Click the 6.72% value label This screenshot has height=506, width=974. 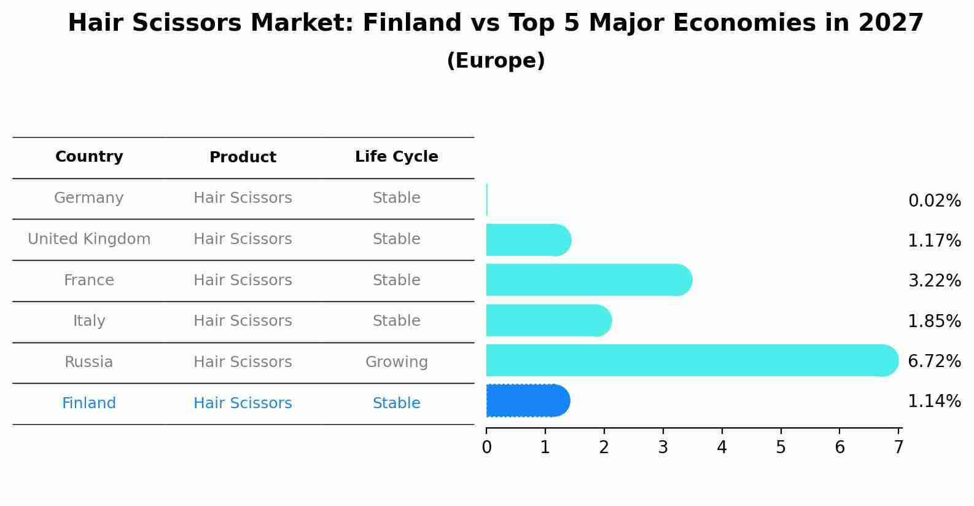[x=934, y=361]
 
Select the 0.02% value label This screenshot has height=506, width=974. [x=934, y=201]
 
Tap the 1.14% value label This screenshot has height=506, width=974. [x=934, y=401]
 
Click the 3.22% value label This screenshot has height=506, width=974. [x=934, y=281]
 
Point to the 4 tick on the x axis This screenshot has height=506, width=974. [x=722, y=447]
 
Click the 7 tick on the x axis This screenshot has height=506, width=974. [x=898, y=447]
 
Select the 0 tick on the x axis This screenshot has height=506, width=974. [x=486, y=447]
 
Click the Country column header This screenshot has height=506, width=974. [x=89, y=157]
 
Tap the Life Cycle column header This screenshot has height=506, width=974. [x=396, y=157]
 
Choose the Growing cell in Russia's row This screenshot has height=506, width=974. [x=396, y=362]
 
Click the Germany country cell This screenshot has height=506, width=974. [x=89, y=198]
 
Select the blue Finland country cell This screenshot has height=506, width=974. [x=89, y=403]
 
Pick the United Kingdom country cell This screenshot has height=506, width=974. [x=89, y=239]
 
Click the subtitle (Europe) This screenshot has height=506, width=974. [x=496, y=61]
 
